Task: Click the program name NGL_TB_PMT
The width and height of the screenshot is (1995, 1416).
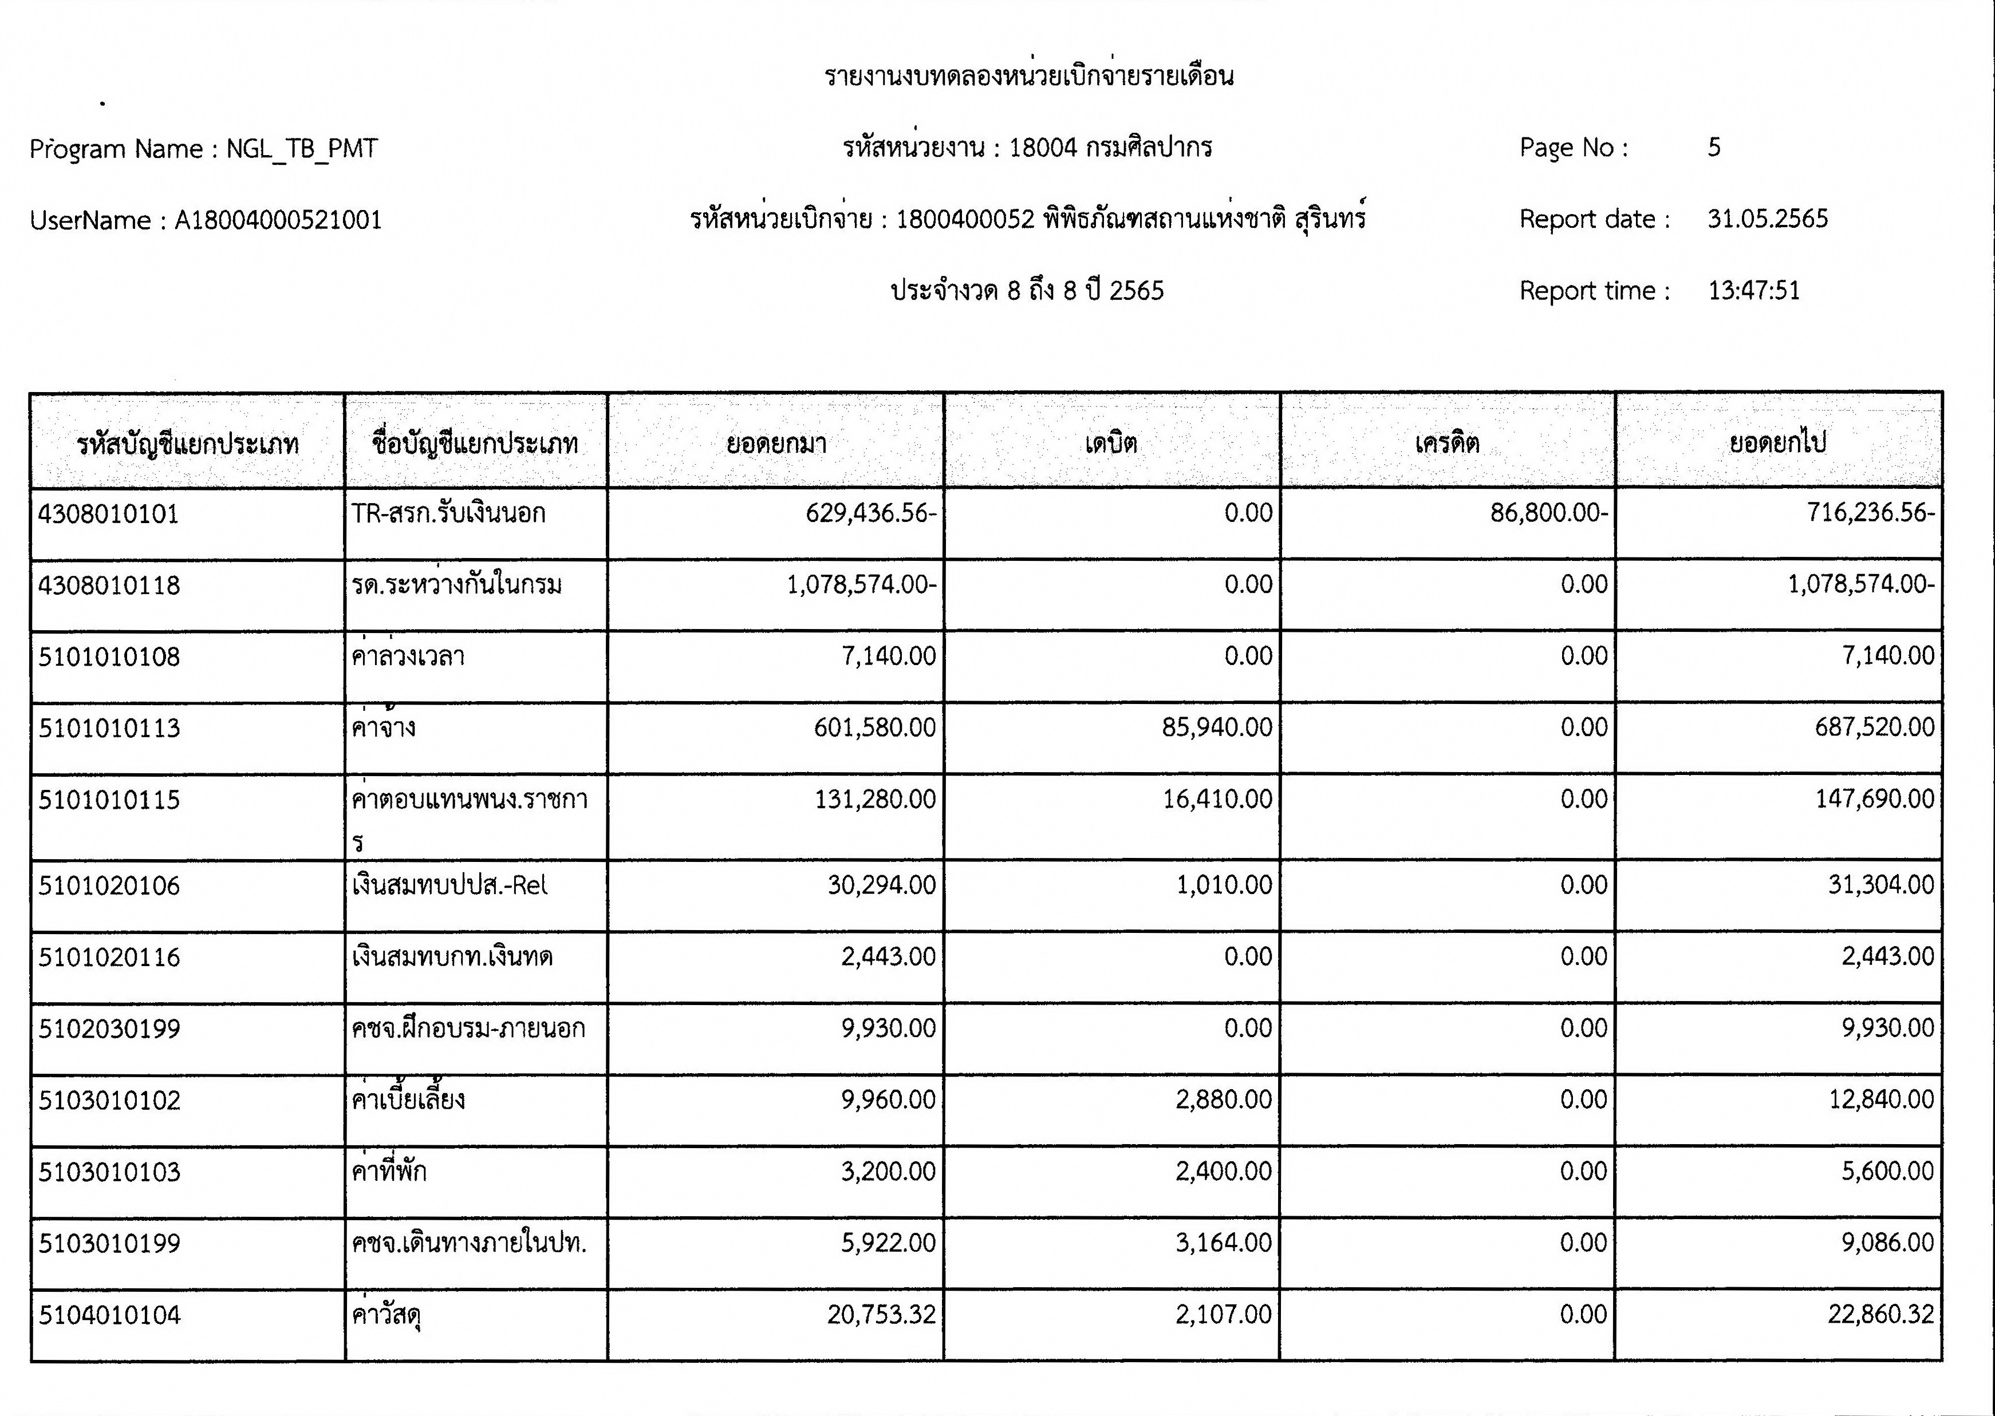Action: coord(302,149)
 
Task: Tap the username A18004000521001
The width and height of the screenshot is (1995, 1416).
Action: coord(278,220)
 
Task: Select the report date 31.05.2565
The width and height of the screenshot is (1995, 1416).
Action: coord(1767,219)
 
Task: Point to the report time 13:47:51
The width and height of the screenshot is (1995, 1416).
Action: coord(1753,290)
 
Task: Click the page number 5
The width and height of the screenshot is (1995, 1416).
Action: coord(1714,147)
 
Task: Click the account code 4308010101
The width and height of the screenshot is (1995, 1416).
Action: coord(108,513)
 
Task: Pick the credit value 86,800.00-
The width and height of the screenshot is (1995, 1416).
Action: coord(1548,513)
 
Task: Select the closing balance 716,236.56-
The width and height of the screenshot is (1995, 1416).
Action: coord(1870,513)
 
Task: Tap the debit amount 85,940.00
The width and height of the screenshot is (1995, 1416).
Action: coord(1217,727)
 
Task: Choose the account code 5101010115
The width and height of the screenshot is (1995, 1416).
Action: coord(109,800)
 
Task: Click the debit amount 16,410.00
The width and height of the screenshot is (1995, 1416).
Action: coord(1217,798)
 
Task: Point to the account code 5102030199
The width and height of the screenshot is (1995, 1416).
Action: coord(109,1029)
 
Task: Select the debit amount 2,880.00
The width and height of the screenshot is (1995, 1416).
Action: coord(1223,1099)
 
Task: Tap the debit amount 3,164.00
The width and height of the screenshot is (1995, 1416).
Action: coord(1223,1243)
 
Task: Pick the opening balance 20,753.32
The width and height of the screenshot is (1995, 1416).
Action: coord(881,1314)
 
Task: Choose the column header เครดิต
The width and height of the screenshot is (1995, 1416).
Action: coord(1446,444)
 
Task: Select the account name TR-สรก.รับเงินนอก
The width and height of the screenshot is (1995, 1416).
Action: coord(448,513)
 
